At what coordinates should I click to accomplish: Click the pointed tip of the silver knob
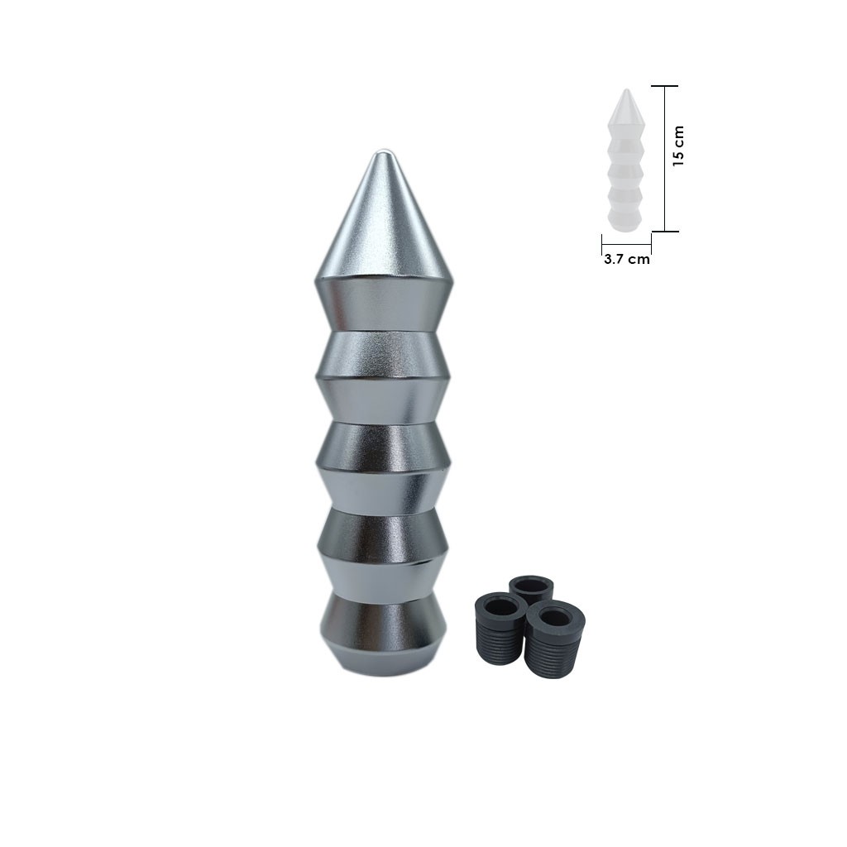[383, 154]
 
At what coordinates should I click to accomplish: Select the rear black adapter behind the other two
[531, 588]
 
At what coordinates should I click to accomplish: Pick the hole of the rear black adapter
[531, 586]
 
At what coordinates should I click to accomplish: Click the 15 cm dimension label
[678, 146]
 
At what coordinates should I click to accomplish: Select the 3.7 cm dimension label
[626, 259]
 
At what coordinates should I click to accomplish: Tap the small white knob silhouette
[625, 165]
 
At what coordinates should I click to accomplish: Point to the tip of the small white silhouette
[626, 91]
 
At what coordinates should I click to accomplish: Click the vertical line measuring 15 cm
[665, 157]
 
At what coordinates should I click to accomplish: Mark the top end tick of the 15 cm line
[665, 86]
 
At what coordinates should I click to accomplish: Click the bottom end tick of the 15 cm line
[665, 231]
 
